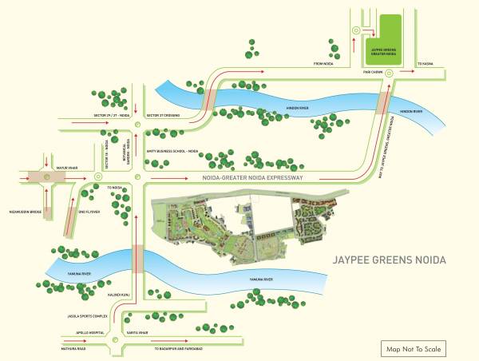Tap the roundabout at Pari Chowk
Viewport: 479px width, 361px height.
pyautogui.click(x=388, y=73)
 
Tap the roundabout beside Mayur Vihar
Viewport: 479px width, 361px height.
pyautogui.click(x=46, y=176)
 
